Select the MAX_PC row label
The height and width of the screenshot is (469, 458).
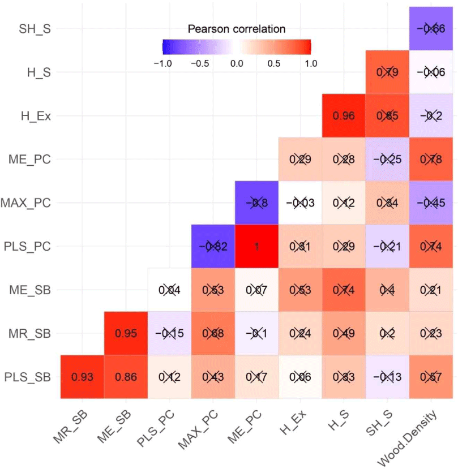[x=27, y=203]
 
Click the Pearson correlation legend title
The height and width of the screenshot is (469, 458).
[x=237, y=28]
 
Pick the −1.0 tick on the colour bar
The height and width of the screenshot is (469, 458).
[x=162, y=63]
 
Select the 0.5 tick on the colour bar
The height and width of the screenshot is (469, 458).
[x=274, y=63]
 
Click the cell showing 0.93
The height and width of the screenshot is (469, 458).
[x=82, y=377]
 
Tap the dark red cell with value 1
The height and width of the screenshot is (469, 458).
[x=257, y=246]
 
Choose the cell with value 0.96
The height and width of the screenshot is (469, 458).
[x=344, y=115]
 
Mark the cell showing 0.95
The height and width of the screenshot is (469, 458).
[x=126, y=333]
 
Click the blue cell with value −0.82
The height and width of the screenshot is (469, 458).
[x=213, y=246]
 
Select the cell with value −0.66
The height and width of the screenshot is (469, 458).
[x=431, y=28]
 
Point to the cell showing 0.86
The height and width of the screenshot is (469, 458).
[x=126, y=377]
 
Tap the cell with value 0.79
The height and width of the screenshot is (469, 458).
[x=388, y=72]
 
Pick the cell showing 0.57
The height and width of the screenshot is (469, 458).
[x=431, y=377]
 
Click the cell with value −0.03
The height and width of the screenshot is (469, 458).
[x=301, y=203]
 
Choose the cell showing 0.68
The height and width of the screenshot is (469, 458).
[x=213, y=333]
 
